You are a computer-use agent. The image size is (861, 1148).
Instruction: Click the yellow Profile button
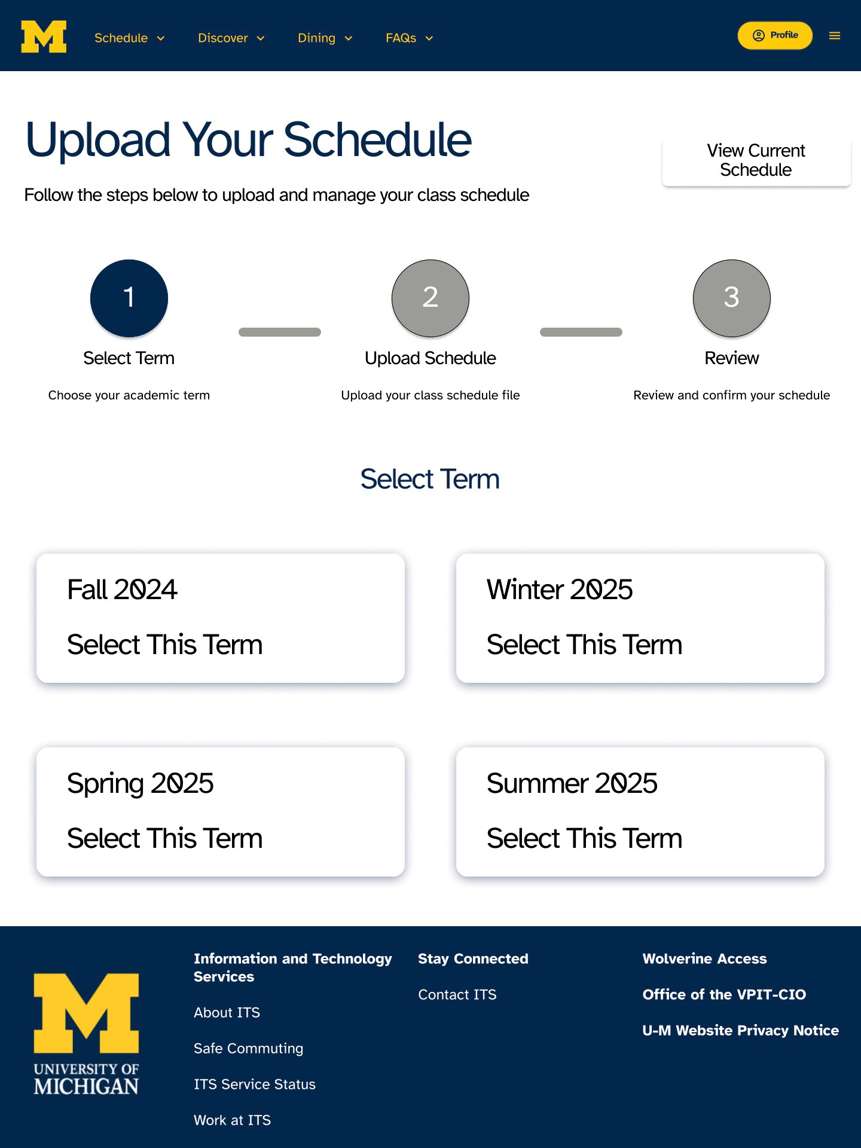775,35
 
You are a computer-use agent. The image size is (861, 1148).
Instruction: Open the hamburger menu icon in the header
835,36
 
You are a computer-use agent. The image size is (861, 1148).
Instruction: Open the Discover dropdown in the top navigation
231,38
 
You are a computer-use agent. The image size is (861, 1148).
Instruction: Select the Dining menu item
325,38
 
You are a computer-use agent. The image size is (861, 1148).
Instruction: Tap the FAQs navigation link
409,38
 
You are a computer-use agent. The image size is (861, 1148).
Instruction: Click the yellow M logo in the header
44,36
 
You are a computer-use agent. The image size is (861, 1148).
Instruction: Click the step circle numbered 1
129,298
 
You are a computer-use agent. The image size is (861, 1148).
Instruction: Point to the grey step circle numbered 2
430,298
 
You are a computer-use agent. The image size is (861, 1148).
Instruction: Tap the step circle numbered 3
731,298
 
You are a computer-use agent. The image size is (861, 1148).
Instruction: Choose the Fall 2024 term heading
122,590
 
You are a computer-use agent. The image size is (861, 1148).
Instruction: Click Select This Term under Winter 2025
584,645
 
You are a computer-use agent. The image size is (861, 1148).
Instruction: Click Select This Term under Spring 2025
164,838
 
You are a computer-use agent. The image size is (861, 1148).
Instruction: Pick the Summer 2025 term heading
572,783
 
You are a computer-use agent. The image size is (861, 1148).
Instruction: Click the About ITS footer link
227,1012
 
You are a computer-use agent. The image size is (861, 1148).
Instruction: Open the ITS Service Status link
254,1084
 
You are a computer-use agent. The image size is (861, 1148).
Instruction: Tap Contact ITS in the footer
457,994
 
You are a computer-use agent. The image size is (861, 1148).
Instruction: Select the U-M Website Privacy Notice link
740,1030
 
